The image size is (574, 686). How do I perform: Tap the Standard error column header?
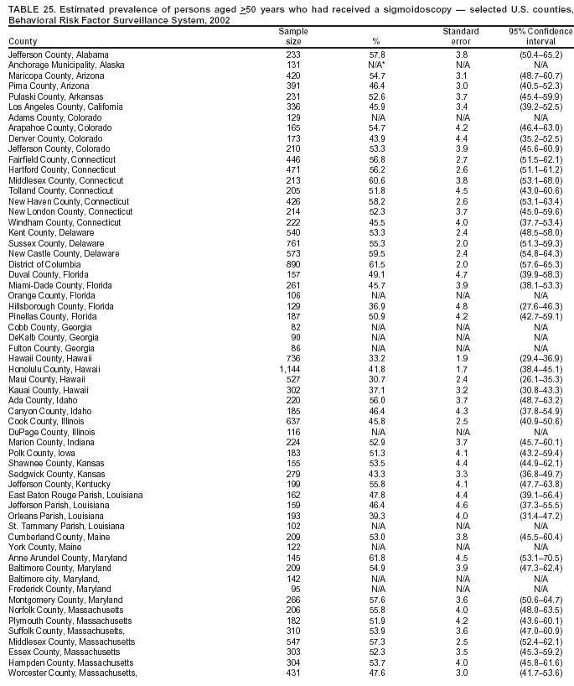(461, 36)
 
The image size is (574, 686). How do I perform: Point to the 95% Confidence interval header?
(540, 36)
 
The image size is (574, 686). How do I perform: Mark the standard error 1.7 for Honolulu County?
(461, 368)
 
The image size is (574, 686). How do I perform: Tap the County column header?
(23, 41)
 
